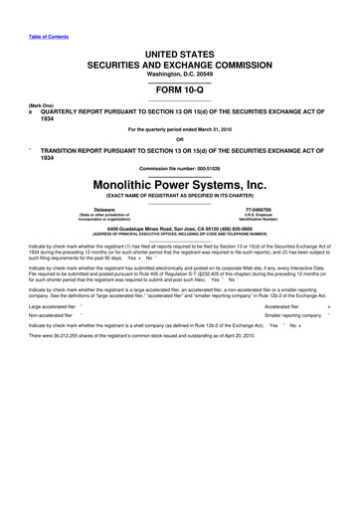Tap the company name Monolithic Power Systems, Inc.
point(180,183)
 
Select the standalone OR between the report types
point(180,138)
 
